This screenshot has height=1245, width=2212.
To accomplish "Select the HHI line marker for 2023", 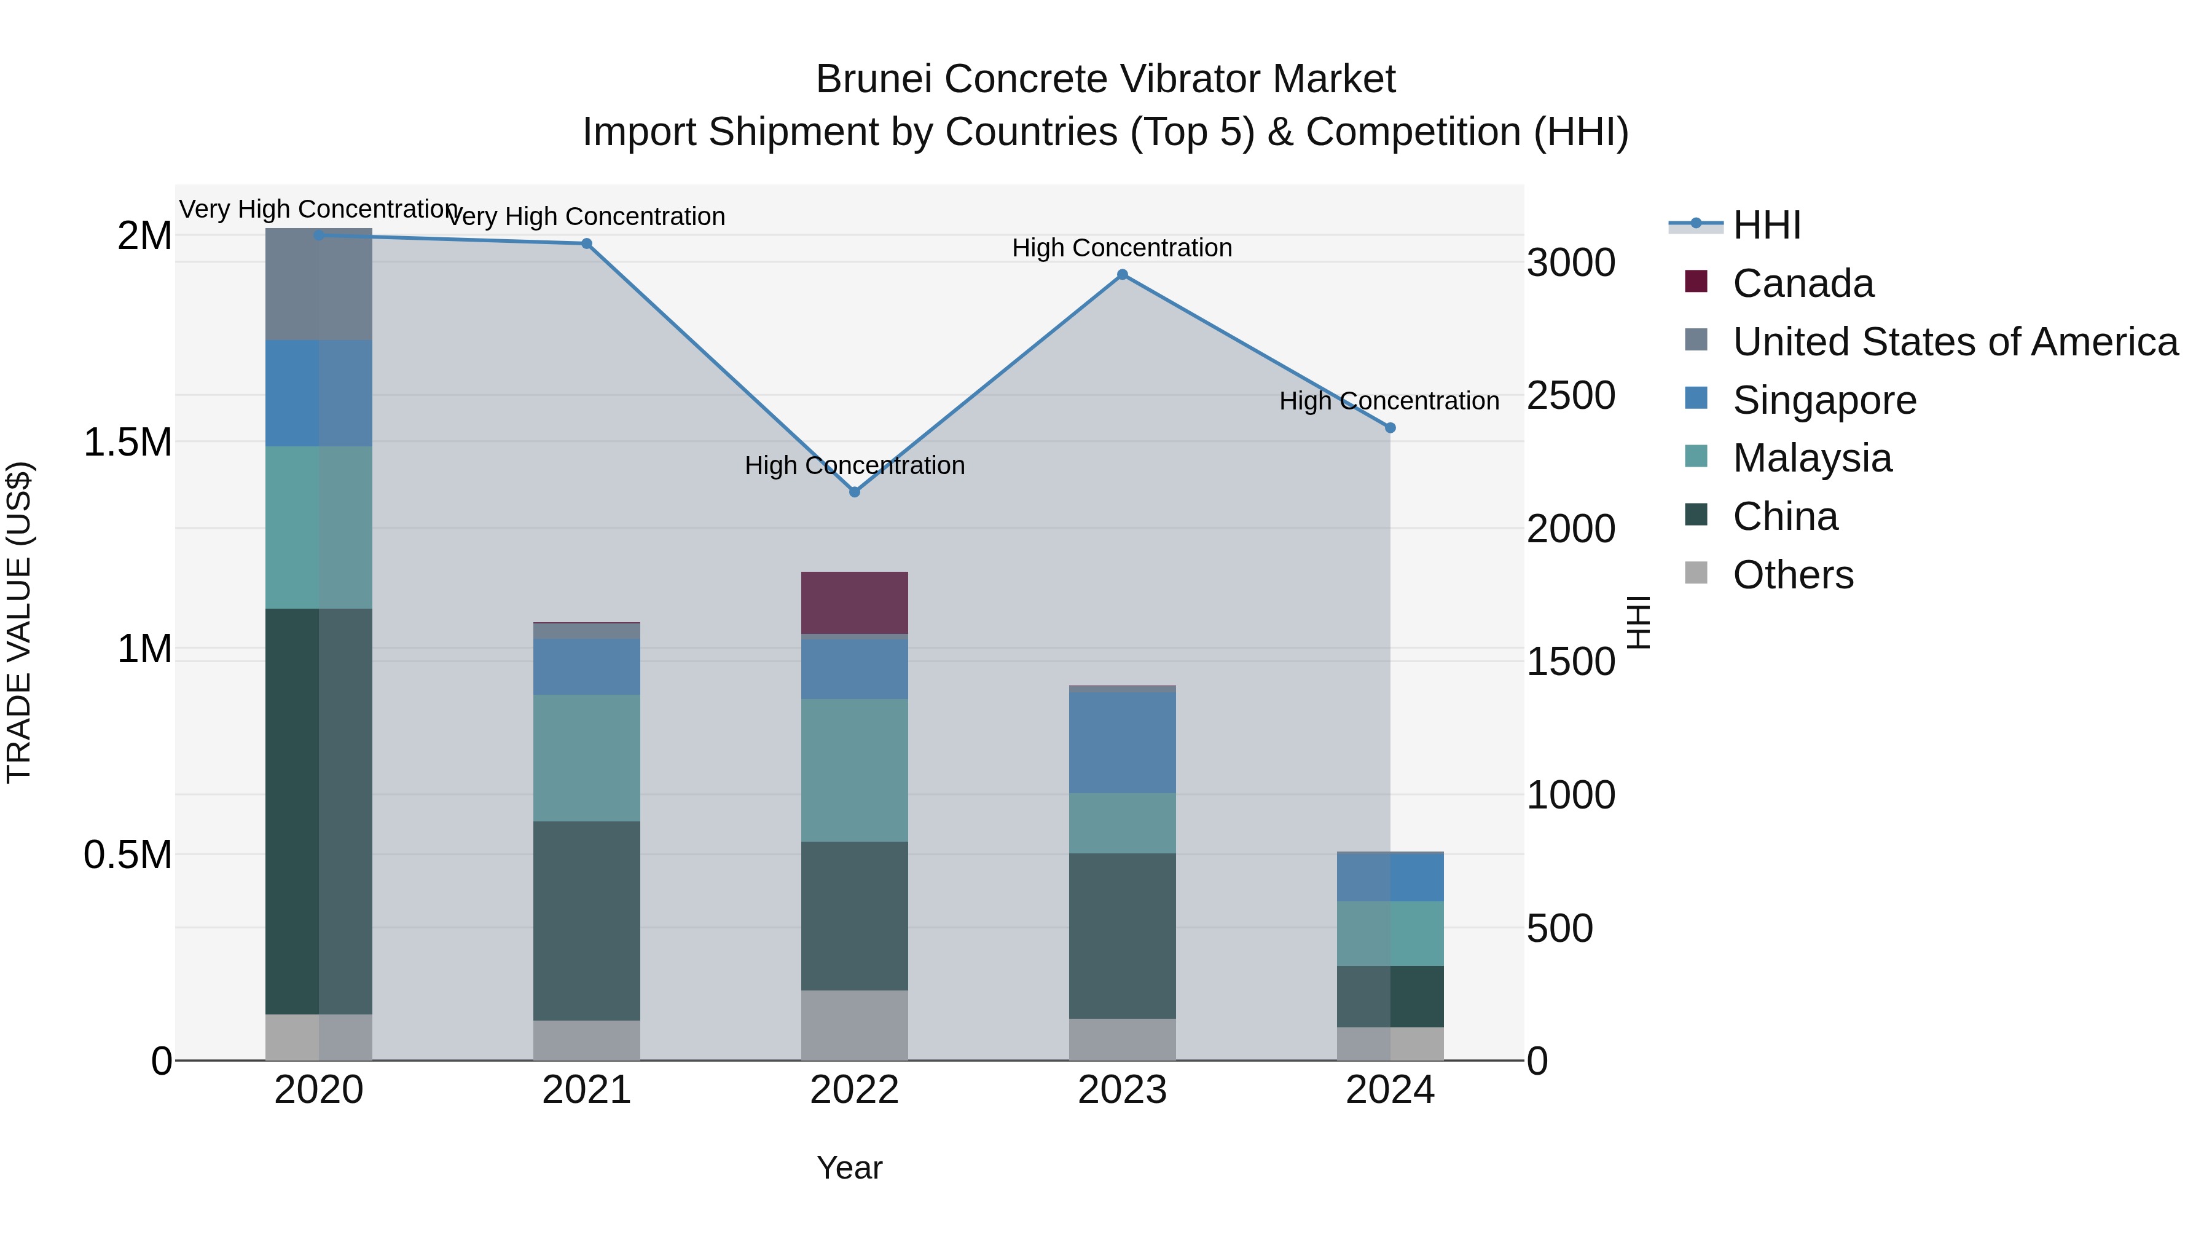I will pyautogui.click(x=1123, y=275).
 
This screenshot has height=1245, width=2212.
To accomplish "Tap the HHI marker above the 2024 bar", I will pyautogui.click(x=1390, y=428).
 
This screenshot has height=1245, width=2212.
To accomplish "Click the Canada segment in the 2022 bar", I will pyautogui.click(x=855, y=603).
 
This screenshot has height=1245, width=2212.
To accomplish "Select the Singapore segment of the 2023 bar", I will pyautogui.click(x=1123, y=742).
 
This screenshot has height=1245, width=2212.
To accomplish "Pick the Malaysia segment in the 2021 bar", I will pyautogui.click(x=587, y=758).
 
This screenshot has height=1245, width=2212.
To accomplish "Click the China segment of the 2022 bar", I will pyautogui.click(x=855, y=916).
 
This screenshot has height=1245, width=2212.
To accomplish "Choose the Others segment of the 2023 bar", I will pyautogui.click(x=1123, y=1040).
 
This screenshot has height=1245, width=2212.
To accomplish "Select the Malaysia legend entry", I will pyautogui.click(x=1812, y=458).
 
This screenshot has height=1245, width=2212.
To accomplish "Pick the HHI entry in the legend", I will pyautogui.click(x=1767, y=225).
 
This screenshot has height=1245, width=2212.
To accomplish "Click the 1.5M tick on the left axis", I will pyautogui.click(x=128, y=443).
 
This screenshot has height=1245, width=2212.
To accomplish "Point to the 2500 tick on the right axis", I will pyautogui.click(x=1571, y=395).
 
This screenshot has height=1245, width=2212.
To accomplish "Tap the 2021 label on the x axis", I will pyautogui.click(x=587, y=1090).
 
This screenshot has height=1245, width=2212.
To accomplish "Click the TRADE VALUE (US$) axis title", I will pyautogui.click(x=19, y=622).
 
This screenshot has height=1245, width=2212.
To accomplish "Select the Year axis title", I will pyautogui.click(x=849, y=1168).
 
